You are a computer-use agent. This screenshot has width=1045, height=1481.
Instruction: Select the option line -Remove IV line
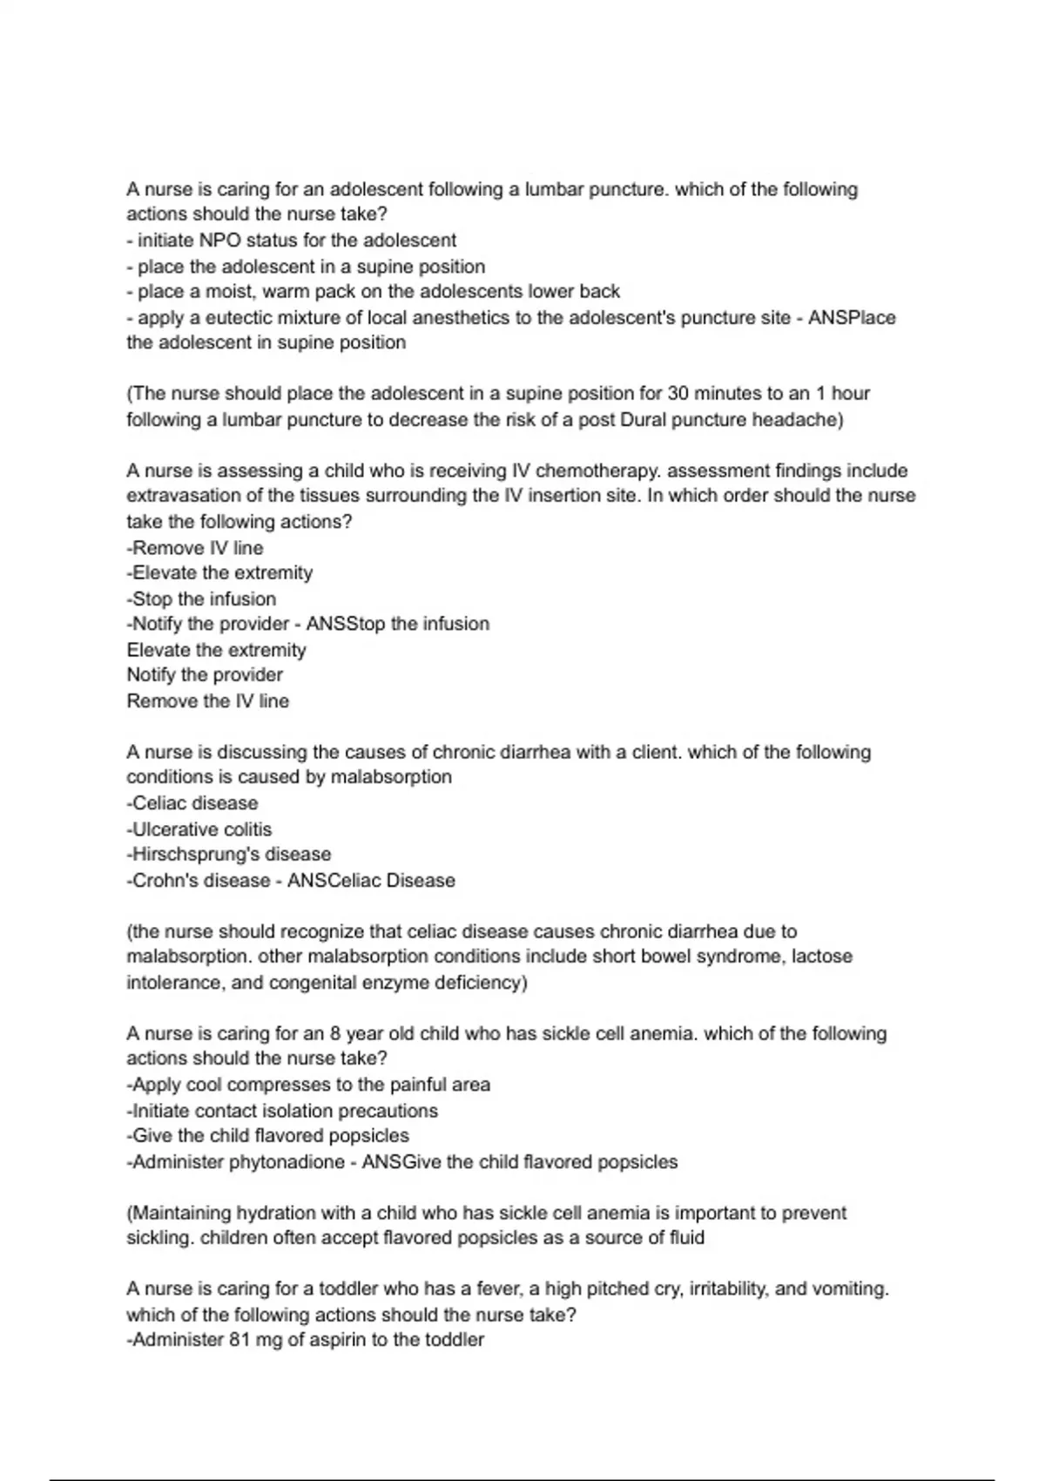coord(195,548)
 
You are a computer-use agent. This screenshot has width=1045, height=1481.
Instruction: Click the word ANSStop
coord(346,624)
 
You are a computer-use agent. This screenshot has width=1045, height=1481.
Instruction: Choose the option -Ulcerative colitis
coord(199,829)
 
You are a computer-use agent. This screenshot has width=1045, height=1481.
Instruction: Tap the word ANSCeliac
coord(334,880)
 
